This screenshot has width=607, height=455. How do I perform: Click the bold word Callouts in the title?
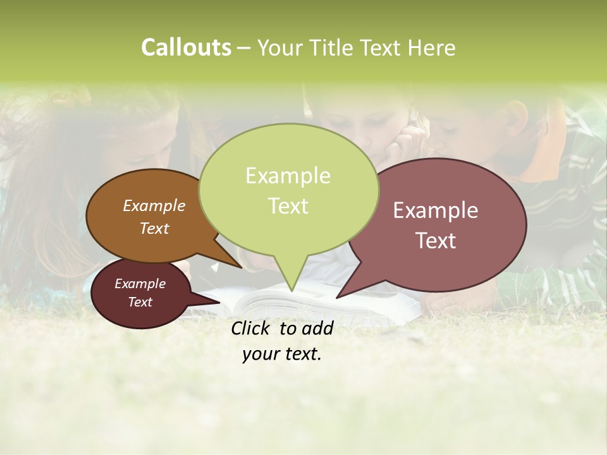point(186,47)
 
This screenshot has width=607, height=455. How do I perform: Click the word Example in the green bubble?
point(288,175)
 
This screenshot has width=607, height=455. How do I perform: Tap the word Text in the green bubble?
point(288,205)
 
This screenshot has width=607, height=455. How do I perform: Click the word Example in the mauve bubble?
point(436,210)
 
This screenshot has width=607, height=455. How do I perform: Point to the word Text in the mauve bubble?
point(436,240)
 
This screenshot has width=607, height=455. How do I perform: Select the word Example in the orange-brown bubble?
point(154,205)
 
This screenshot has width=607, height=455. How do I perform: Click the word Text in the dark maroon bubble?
point(140,302)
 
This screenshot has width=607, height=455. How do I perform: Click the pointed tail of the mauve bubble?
point(341,294)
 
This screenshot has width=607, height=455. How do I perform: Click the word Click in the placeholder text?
point(252,328)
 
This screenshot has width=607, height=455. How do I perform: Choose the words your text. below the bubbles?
point(281,354)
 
